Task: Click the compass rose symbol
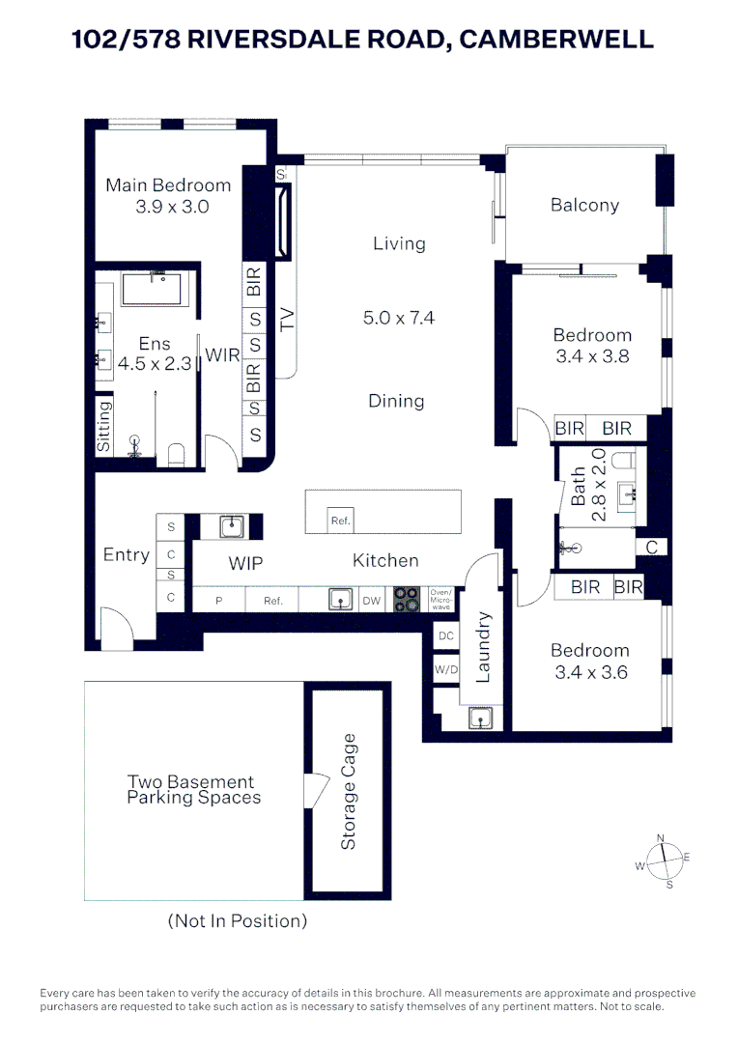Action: (662, 859)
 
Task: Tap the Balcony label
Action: (584, 205)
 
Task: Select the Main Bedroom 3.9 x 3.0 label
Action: (168, 195)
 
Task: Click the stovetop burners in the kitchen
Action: (406, 600)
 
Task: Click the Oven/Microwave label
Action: (440, 600)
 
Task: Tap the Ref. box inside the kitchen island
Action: (340, 521)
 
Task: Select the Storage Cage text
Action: (349, 792)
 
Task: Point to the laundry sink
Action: (480, 718)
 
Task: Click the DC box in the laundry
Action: (445, 636)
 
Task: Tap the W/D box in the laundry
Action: (445, 668)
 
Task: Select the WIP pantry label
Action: (245, 563)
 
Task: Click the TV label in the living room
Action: (287, 320)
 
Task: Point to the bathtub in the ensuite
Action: (156, 289)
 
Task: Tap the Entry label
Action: (127, 555)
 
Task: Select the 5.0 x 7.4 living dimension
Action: (399, 317)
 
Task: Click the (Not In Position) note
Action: (238, 920)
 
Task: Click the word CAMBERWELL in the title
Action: (555, 39)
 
